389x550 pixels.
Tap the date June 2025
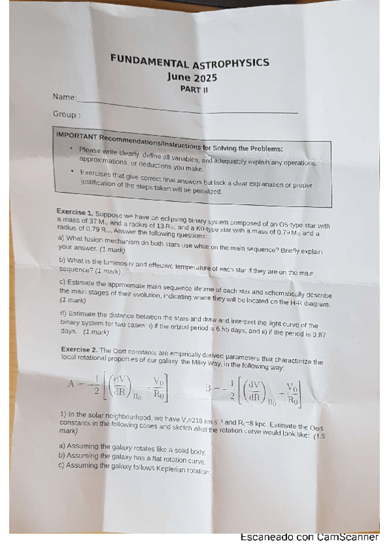192,77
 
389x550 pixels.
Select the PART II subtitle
194,90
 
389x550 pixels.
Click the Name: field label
64,97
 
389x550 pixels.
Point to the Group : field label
66,114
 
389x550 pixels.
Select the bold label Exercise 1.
74,211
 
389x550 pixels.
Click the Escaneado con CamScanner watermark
309,538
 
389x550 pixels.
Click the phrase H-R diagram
303,304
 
